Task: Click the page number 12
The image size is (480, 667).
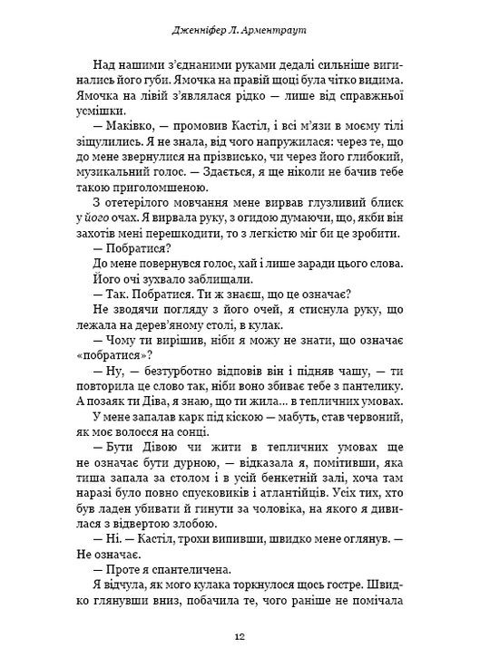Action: tap(239, 634)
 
